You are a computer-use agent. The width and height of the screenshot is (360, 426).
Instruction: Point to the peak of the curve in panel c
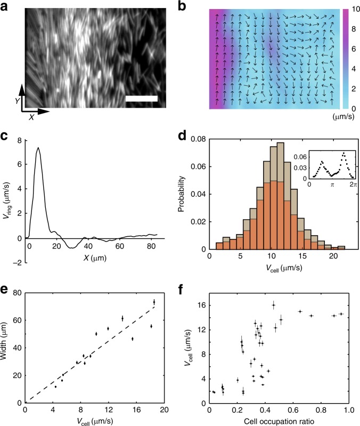click(x=38, y=148)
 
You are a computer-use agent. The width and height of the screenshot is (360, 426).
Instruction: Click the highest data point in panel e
click(x=154, y=302)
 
